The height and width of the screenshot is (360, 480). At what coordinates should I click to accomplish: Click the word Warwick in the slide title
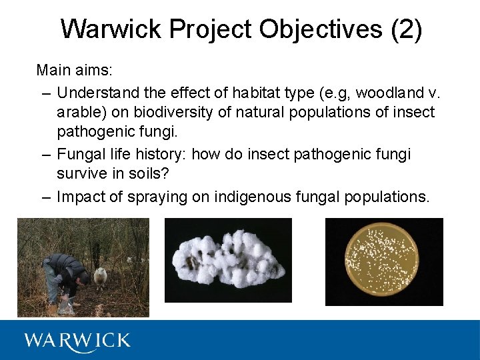[x=111, y=29]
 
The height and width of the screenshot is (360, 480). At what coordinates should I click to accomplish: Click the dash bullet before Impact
[x=46, y=197]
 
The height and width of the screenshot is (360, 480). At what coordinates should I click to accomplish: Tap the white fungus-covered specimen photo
[x=228, y=261]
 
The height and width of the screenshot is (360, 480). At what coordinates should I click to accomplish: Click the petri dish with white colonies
[x=384, y=261]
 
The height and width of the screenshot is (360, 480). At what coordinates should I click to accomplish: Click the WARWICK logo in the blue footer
[x=77, y=341]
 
